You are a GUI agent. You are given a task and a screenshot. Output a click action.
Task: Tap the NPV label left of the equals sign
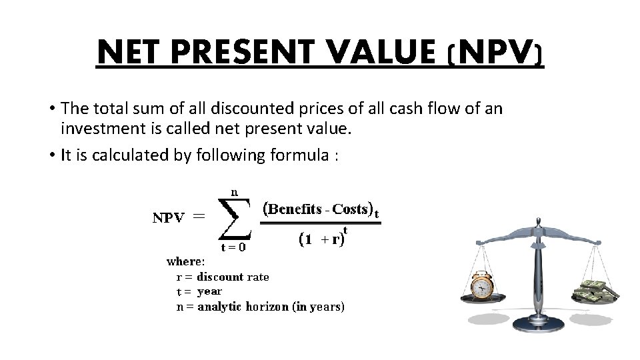pyautogui.click(x=169, y=217)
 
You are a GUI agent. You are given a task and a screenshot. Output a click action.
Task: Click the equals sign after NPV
pyautogui.click(x=199, y=216)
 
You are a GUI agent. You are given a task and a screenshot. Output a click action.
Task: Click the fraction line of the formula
pyautogui.click(x=320, y=224)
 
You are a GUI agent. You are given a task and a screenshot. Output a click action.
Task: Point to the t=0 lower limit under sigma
pyautogui.click(x=233, y=247)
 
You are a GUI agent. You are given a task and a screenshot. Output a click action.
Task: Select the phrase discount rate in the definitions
pyautogui.click(x=233, y=277)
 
